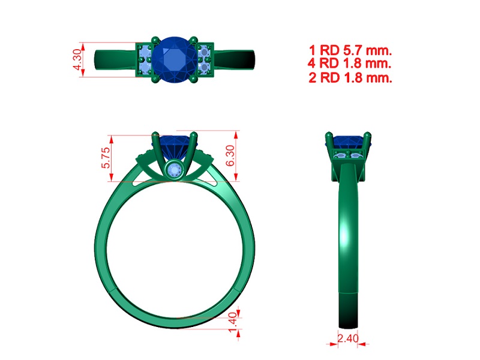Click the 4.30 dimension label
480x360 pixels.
(x=77, y=59)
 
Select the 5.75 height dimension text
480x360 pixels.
(x=106, y=158)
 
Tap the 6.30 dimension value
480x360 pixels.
(x=230, y=156)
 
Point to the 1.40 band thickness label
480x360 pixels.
(x=233, y=322)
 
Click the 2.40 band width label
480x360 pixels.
(x=348, y=338)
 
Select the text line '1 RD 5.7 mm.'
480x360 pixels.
(x=350, y=50)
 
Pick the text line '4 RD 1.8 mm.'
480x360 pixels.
(x=350, y=64)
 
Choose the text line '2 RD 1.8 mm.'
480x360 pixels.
(x=350, y=77)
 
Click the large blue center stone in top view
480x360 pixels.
(x=175, y=60)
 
